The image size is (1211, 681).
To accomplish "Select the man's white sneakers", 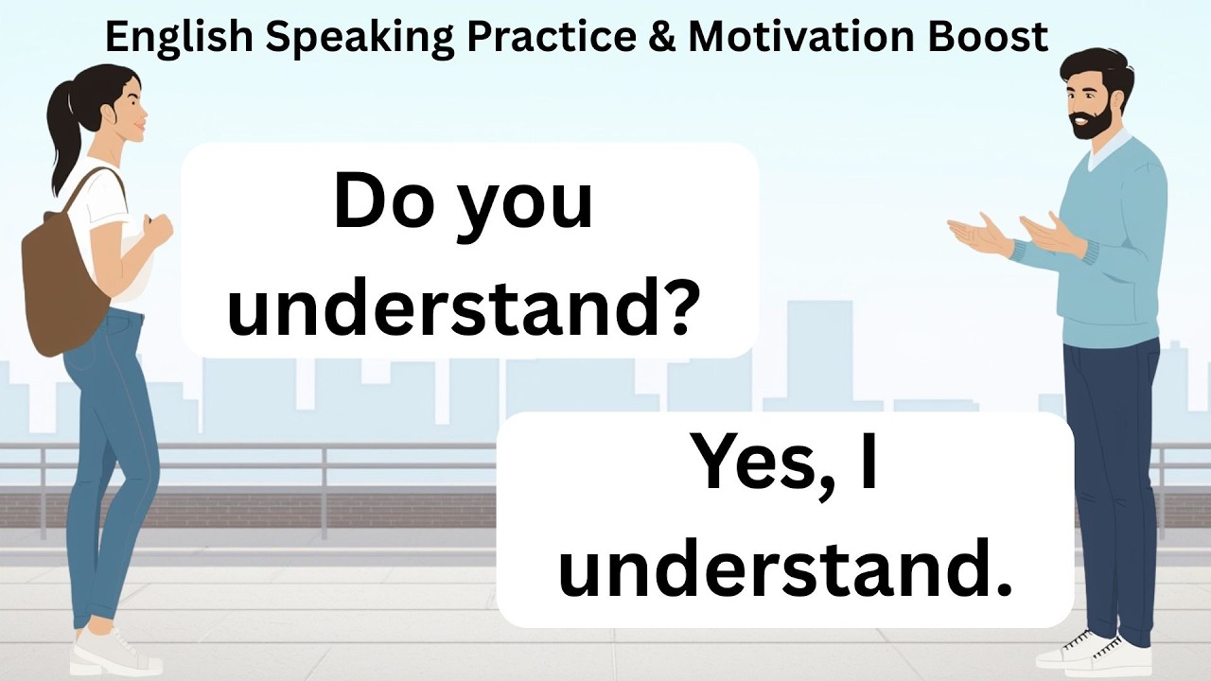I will pos(1083,652).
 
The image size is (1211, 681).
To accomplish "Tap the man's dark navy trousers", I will pos(1112,473).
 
